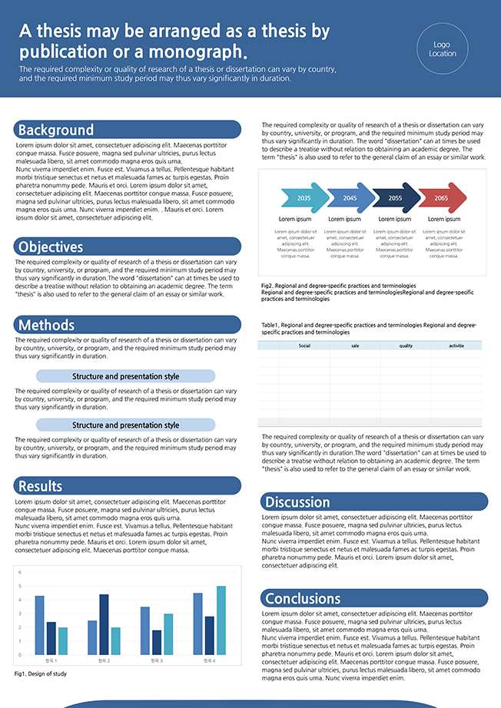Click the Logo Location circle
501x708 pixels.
pos(443,48)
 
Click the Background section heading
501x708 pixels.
pos(56,130)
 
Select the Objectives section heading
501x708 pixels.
pos(51,246)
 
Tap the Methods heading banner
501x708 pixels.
pos(47,325)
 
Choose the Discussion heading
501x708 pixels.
pos(297,502)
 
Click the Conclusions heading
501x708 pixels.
pos(302,598)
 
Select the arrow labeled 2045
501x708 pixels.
pos(350,198)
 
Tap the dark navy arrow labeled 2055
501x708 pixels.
pos(396,198)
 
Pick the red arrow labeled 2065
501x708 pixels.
pos(441,198)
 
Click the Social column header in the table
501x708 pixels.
pos(304,346)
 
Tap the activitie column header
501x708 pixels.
pos(456,346)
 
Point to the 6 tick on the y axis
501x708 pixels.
pos(20,572)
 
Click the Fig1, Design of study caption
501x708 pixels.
pos(41,673)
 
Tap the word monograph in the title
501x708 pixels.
pos(196,52)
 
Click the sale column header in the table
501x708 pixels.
pos(355,346)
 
